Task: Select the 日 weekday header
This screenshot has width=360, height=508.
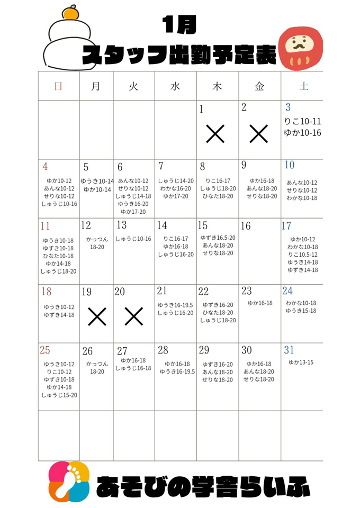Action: point(58,86)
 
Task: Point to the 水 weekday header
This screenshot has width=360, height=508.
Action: point(175,86)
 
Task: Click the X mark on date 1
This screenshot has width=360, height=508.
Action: point(215,134)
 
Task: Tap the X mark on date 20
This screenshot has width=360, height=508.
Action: point(133,316)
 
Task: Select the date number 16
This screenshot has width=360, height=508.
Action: point(246,226)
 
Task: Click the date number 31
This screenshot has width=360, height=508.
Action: point(289,350)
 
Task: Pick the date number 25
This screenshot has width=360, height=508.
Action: point(45,350)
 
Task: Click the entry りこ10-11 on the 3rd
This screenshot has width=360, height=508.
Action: point(302,121)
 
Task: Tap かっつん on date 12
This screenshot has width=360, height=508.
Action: point(97,239)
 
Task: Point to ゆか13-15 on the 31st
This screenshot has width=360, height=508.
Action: point(301,362)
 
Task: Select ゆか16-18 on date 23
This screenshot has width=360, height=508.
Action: point(259,303)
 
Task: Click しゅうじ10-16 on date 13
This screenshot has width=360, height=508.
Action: point(133,239)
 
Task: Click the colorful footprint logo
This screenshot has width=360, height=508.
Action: point(69,482)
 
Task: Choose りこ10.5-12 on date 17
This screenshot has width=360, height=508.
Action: point(302,255)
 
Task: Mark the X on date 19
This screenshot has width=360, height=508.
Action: point(96,316)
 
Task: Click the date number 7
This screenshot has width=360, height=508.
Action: point(161,166)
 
